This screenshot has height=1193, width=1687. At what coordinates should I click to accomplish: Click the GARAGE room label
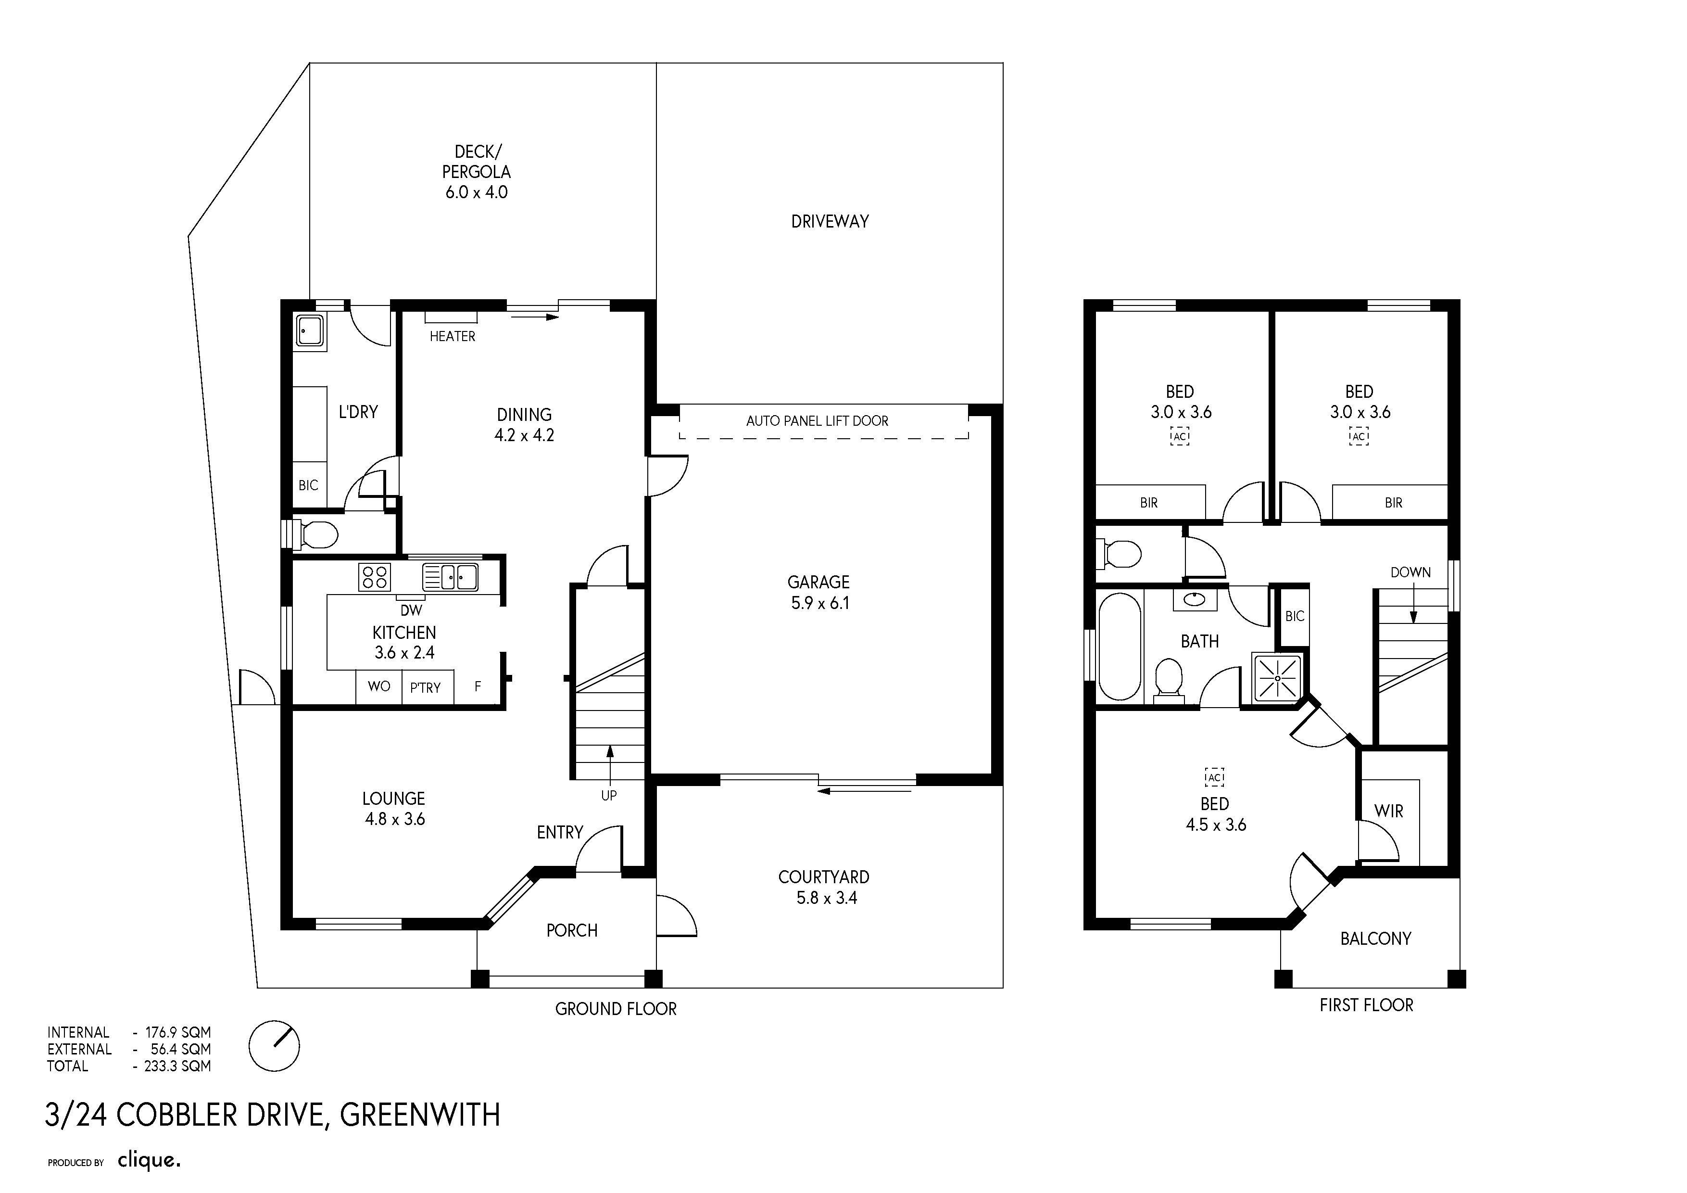[818, 582]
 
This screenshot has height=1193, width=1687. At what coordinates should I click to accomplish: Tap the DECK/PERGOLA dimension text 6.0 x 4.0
[476, 192]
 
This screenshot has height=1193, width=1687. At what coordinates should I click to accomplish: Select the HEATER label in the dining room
[453, 336]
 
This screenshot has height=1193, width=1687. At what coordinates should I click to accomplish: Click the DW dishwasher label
[412, 610]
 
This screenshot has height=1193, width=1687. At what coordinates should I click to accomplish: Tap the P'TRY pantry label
[426, 688]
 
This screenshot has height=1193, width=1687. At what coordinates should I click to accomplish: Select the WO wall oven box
[379, 686]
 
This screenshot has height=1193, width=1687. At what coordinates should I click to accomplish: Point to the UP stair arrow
[610, 763]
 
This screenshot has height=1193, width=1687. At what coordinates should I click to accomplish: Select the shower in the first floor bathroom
[1277, 676]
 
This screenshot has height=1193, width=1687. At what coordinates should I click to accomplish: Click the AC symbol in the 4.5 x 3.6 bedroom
[1215, 777]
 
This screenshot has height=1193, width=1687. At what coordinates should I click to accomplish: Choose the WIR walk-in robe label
[1389, 812]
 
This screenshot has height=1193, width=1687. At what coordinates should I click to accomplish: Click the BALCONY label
[1375, 939]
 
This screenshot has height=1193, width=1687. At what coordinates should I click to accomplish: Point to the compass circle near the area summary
[274, 1045]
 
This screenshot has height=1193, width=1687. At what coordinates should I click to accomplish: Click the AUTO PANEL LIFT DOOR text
[817, 421]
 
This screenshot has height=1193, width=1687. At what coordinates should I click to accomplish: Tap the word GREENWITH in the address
[419, 1115]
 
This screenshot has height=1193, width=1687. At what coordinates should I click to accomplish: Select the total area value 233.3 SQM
[177, 1066]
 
